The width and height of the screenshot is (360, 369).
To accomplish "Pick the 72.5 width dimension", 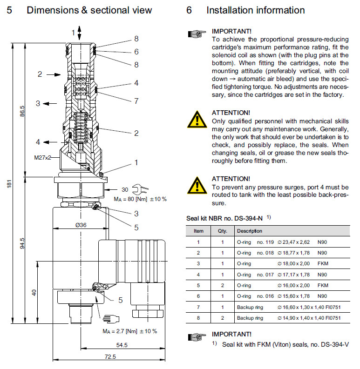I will point(110,356).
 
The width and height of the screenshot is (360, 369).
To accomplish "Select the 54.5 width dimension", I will point(122,345).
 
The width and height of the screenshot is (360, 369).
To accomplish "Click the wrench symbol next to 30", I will point(138,190).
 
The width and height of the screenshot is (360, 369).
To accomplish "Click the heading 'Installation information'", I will point(255,10).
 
